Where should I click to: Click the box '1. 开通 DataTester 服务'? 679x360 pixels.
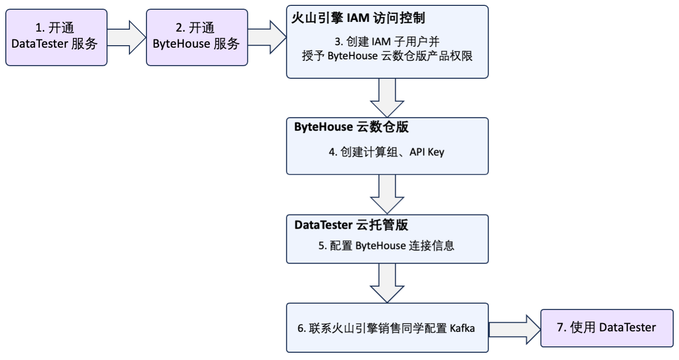(56, 36)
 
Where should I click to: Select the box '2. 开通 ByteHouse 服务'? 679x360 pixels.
(197, 36)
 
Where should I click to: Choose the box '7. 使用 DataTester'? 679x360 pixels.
(606, 327)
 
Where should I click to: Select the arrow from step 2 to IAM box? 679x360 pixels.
(267, 36)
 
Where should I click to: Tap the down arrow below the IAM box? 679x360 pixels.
(387, 96)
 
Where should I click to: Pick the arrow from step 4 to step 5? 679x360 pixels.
(387, 194)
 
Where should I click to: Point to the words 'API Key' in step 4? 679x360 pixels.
(428, 152)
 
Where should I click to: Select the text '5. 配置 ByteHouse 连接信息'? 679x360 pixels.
(386, 246)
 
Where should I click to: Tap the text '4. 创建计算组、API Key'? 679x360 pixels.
(387, 152)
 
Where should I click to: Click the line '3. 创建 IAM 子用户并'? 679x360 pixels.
(387, 41)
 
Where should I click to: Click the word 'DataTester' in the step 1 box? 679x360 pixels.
(38, 44)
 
